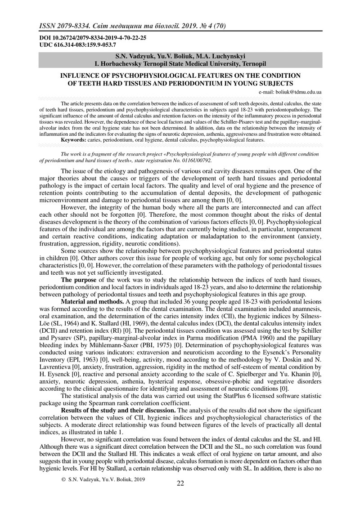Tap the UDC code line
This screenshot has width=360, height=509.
78,45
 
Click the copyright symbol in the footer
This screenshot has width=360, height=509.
63,492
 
